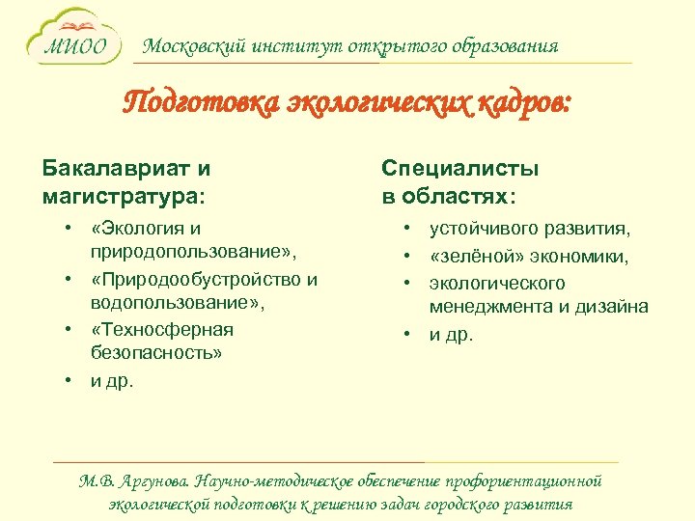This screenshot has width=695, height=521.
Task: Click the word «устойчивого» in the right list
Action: coord(484,230)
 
